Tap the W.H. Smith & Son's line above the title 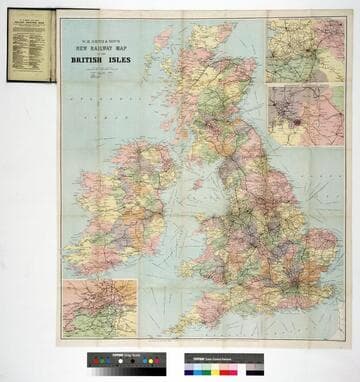tap(99, 37)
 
